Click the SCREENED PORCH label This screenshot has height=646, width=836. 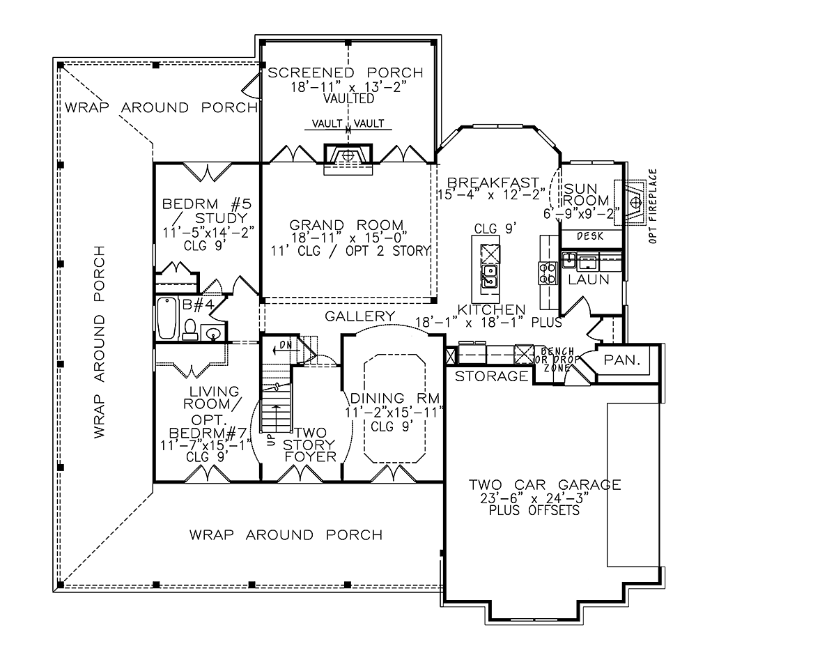coord(345,72)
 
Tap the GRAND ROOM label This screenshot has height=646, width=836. coord(346,225)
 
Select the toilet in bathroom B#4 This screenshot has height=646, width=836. coord(189,330)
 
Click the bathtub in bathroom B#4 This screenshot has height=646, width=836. coord(168,318)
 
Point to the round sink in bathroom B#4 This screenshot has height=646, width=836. coord(213,334)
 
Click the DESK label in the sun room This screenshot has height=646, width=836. coord(590,236)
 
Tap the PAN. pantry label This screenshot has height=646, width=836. coord(622,360)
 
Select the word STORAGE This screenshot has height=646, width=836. coord(491,376)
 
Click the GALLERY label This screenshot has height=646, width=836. coord(359,316)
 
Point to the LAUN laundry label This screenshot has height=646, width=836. coord(589,279)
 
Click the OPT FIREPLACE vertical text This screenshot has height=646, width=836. coord(653,206)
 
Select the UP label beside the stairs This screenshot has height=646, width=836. coord(271,440)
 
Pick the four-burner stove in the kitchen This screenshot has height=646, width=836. coord(548,272)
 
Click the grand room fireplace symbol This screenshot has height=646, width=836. coord(348,156)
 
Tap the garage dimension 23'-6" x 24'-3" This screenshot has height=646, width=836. coord(535,498)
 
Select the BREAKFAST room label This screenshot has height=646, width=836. coord(493,183)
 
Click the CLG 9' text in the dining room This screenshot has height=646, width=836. coord(392,426)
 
